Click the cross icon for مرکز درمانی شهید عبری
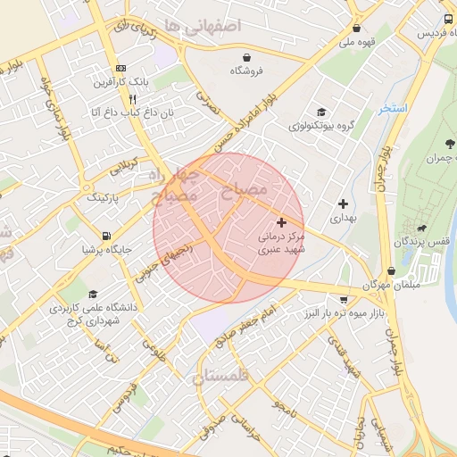282,221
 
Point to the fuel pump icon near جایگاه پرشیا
107,237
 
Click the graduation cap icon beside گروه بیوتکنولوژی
320,112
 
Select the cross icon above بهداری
343,204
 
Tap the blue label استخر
392,108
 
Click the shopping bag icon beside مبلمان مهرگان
391,271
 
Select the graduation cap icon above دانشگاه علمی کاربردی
93,294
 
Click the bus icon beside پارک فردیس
446,20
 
